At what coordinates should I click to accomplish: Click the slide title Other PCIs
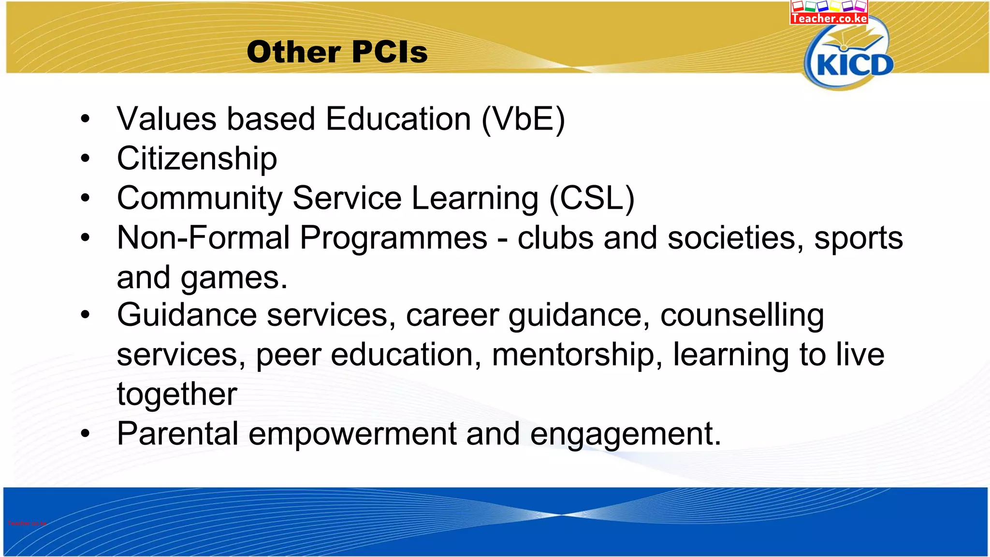tap(337, 52)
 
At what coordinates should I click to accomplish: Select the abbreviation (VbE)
tap(523, 119)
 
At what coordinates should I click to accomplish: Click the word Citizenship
tap(197, 159)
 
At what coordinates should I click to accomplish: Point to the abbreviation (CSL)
tap(592, 198)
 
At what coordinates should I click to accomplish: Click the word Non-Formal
tap(203, 238)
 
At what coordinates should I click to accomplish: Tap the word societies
tap(731, 238)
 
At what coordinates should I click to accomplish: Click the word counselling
tap(742, 315)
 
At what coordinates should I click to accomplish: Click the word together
tap(177, 394)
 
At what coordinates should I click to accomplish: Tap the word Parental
tap(177, 434)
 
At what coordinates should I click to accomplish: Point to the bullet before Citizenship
tap(86, 159)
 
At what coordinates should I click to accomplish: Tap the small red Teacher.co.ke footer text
tap(27, 523)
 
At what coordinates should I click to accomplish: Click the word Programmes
tap(393, 238)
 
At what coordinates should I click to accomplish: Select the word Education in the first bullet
tap(398, 119)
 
